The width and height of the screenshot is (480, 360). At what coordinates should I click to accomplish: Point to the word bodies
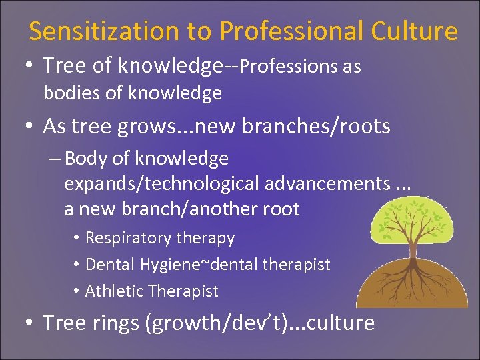72,93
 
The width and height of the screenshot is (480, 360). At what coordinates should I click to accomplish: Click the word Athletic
115,291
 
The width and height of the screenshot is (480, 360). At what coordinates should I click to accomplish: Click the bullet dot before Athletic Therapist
77,291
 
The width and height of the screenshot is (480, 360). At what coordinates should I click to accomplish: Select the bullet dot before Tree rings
30,323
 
